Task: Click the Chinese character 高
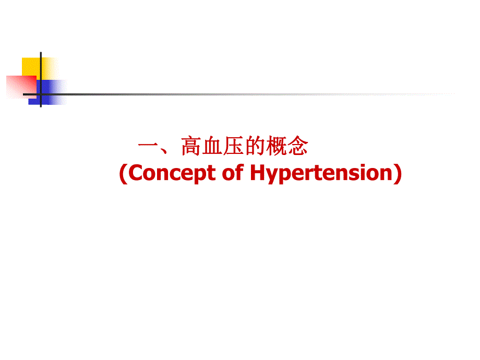point(191,147)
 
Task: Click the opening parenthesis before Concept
point(123,174)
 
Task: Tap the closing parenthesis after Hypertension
point(397,174)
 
